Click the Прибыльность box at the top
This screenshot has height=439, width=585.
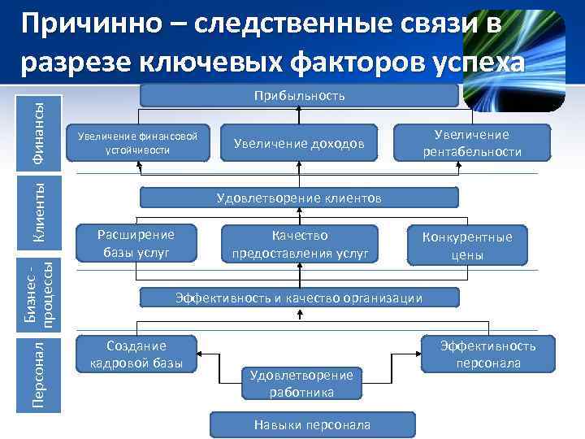[x=299, y=96]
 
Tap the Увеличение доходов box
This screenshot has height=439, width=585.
[x=299, y=143]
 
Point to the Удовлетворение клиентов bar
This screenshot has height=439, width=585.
[x=299, y=198]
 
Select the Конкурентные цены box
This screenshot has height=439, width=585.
[x=467, y=246]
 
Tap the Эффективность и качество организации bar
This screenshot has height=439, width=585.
[x=299, y=298]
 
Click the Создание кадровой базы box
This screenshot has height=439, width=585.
[x=136, y=354]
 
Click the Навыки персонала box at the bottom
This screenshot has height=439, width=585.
[x=312, y=424]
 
